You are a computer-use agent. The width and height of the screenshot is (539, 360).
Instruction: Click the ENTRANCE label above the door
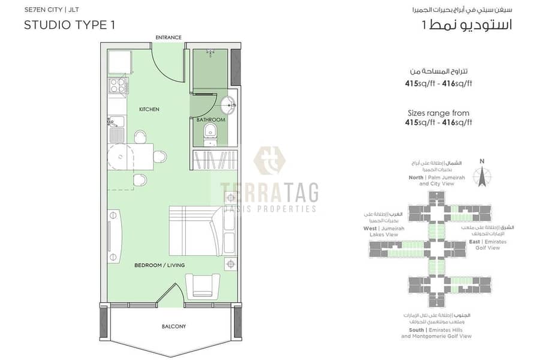pyautogui.click(x=168, y=37)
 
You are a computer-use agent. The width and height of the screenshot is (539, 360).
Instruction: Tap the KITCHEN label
pyautogui.click(x=149, y=110)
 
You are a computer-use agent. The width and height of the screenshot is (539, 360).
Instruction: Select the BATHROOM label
pyautogui.click(x=210, y=120)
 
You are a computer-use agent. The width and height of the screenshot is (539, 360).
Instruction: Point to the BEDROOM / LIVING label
pyautogui.click(x=159, y=265)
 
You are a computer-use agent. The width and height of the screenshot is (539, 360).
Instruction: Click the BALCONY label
pyautogui.click(x=173, y=326)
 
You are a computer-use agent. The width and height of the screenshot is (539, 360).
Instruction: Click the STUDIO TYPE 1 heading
pyautogui.click(x=70, y=25)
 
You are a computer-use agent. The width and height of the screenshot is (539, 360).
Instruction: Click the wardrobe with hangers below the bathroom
pyautogui.click(x=213, y=161)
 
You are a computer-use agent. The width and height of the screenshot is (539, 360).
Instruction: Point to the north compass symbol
pyautogui.click(x=482, y=176)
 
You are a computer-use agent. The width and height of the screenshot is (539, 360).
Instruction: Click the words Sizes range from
pyautogui.click(x=438, y=113)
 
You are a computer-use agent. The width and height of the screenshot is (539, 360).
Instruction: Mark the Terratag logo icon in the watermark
pyautogui.click(x=269, y=160)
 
